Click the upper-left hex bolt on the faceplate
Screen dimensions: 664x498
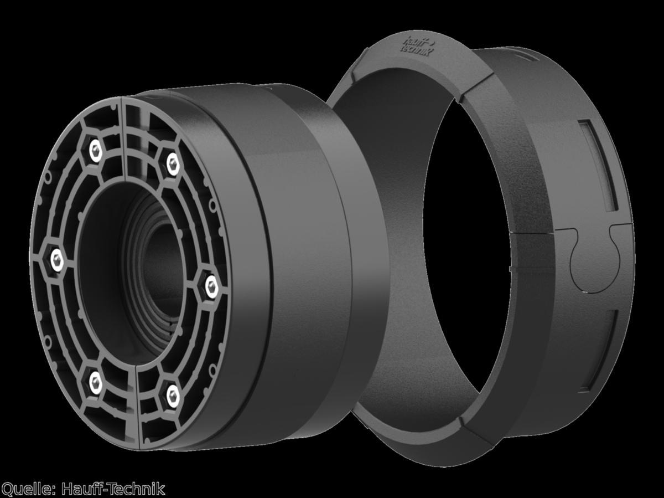(x=96, y=150)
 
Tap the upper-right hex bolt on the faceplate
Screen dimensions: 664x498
(x=173, y=165)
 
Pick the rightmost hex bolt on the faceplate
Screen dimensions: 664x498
(x=211, y=287)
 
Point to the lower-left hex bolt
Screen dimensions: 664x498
(x=96, y=383)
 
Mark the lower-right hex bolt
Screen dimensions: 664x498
(x=173, y=396)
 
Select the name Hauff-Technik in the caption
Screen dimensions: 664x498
(x=113, y=489)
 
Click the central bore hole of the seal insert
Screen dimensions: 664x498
(x=163, y=273)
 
